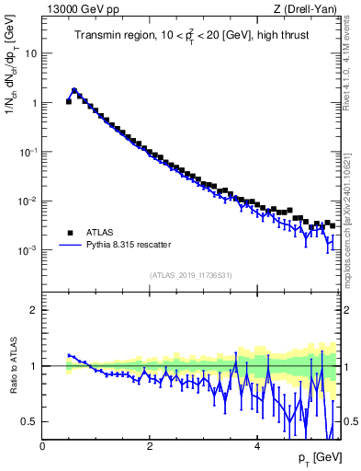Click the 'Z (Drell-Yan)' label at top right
tap(310, 9)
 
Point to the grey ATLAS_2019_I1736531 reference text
tap(190, 275)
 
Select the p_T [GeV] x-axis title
tap(321, 457)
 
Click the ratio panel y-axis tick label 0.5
tap(30, 421)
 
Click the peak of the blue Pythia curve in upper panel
tap(74, 90)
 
